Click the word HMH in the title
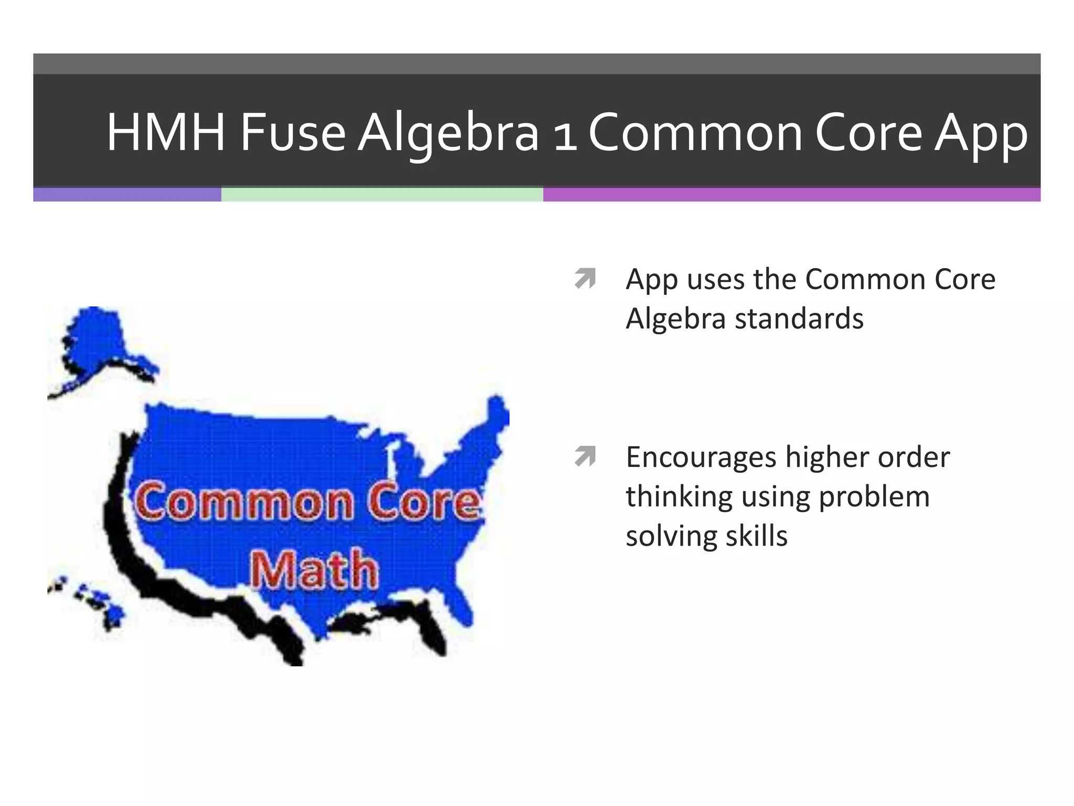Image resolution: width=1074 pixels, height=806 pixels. pos(166,133)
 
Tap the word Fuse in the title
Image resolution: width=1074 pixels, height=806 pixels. pos(293,133)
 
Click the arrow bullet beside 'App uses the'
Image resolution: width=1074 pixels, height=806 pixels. pos(585,279)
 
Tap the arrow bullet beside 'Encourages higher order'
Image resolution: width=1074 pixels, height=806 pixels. pos(585,457)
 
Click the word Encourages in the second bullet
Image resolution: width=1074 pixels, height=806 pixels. pos(701,458)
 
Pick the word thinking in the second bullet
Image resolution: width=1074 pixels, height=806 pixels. pos(679,497)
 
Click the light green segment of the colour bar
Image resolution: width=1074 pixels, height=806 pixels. pos(382,195)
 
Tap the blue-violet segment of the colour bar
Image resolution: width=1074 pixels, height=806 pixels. pos(127,195)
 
